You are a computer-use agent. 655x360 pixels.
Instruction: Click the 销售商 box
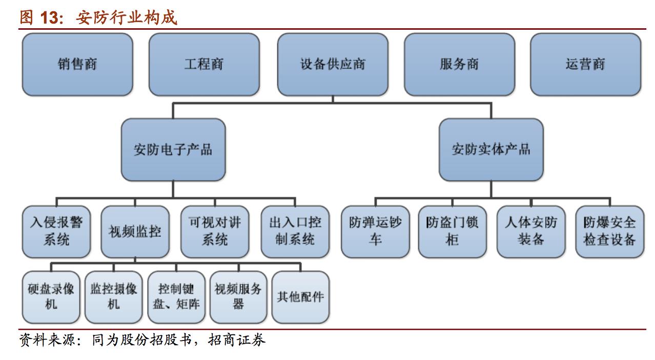coord(77,65)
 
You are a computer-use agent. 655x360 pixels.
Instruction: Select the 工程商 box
coord(204,65)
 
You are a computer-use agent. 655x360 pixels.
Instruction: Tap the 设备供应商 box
coord(333,65)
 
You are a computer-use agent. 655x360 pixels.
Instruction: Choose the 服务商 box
coord(459,65)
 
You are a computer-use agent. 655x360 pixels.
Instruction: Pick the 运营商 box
coord(585,65)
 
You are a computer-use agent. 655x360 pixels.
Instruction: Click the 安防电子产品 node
coord(173,150)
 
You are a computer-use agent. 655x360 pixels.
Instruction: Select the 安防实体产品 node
coord(491,150)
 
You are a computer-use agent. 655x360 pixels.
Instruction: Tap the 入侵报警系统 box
coord(56,231)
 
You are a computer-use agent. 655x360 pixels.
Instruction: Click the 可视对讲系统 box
coord(215,231)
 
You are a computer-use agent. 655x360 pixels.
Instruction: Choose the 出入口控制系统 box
coord(295,231)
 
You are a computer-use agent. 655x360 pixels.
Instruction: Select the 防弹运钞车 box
coord(375,231)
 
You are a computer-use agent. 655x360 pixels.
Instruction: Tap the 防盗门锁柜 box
coord(452,231)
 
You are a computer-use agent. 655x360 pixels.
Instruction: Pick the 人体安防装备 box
coord(531,231)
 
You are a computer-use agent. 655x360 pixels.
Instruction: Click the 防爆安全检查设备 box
coord(610,231)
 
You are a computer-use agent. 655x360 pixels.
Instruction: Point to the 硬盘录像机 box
coord(51,297)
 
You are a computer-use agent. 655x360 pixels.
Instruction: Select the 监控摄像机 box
coord(114,297)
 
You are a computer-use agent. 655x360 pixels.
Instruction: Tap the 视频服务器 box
coord(238,297)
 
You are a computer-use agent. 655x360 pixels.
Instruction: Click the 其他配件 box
coord(300,297)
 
